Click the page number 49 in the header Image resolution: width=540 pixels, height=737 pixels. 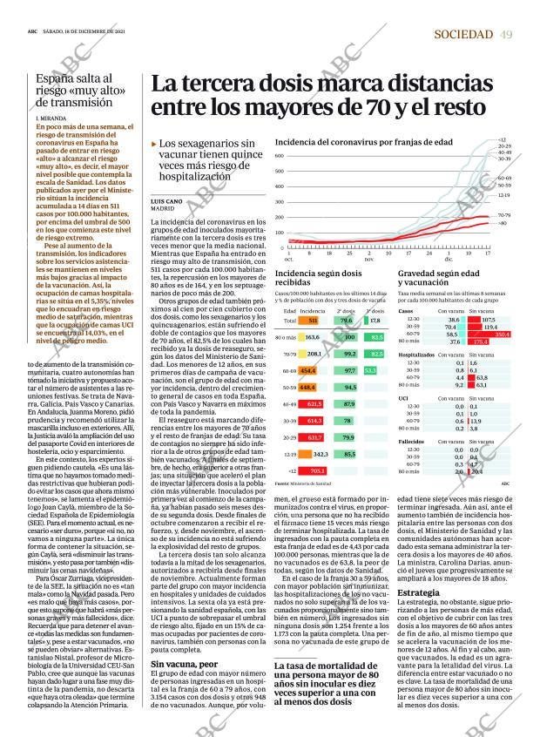[506, 34]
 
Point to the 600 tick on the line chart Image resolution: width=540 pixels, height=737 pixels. [280, 156]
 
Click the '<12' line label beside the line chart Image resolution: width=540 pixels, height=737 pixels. [502, 139]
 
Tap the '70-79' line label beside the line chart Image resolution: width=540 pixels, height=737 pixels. [503, 214]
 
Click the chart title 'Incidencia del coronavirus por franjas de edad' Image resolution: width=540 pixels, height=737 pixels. [363, 141]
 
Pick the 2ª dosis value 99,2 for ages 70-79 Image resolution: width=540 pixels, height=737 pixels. [349, 354]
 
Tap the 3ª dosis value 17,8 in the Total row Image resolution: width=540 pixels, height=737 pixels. [375, 321]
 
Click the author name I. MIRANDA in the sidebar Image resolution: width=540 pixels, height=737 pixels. [51, 117]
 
